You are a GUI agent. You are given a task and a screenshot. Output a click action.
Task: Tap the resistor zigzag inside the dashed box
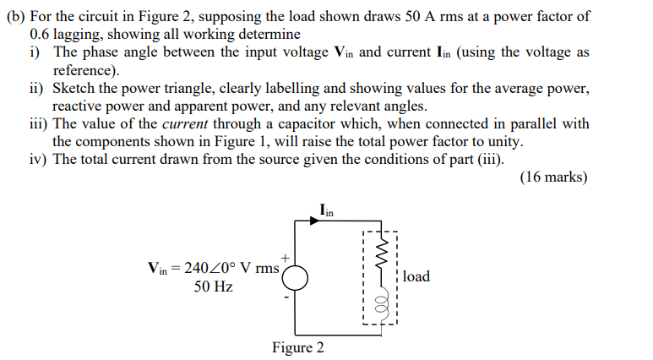(x=378, y=254)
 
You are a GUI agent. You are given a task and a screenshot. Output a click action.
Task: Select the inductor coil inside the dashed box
(x=378, y=302)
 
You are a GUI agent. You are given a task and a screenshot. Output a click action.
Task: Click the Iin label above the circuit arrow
(x=327, y=209)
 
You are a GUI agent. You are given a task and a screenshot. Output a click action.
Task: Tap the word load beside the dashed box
(x=416, y=276)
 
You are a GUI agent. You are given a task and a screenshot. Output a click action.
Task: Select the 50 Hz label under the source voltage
(x=213, y=287)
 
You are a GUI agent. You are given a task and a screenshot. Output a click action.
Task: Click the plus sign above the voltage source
(x=286, y=255)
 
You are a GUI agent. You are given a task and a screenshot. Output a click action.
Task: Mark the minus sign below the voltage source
(x=286, y=297)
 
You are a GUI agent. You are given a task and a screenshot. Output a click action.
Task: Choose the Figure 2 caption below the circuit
(x=297, y=347)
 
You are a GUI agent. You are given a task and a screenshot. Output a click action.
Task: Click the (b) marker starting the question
(x=16, y=17)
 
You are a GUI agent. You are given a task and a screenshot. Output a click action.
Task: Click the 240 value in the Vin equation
(x=197, y=269)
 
